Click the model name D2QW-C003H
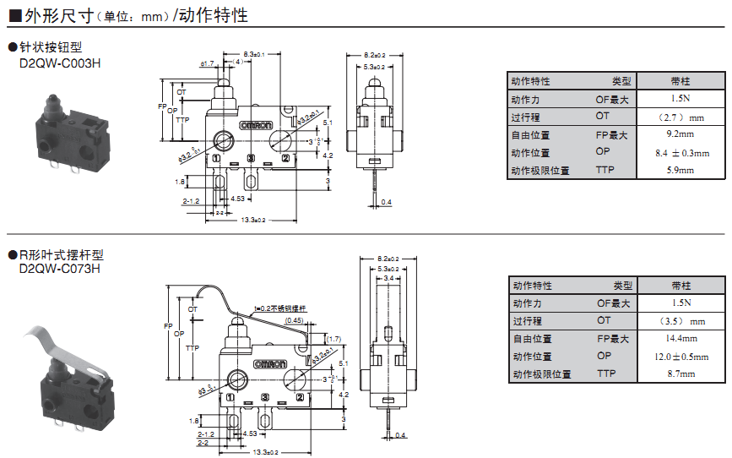tap(59, 62)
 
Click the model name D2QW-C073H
tap(59, 269)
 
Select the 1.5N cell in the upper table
tap(680, 99)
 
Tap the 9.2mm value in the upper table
tap(680, 134)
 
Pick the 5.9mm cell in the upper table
tap(680, 170)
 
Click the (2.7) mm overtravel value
tap(680, 117)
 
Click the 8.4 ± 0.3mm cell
tap(680, 152)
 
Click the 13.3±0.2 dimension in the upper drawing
tap(252, 221)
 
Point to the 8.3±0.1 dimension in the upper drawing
tap(253, 54)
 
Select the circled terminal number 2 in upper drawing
tap(285, 159)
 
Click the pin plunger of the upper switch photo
tap(49, 105)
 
